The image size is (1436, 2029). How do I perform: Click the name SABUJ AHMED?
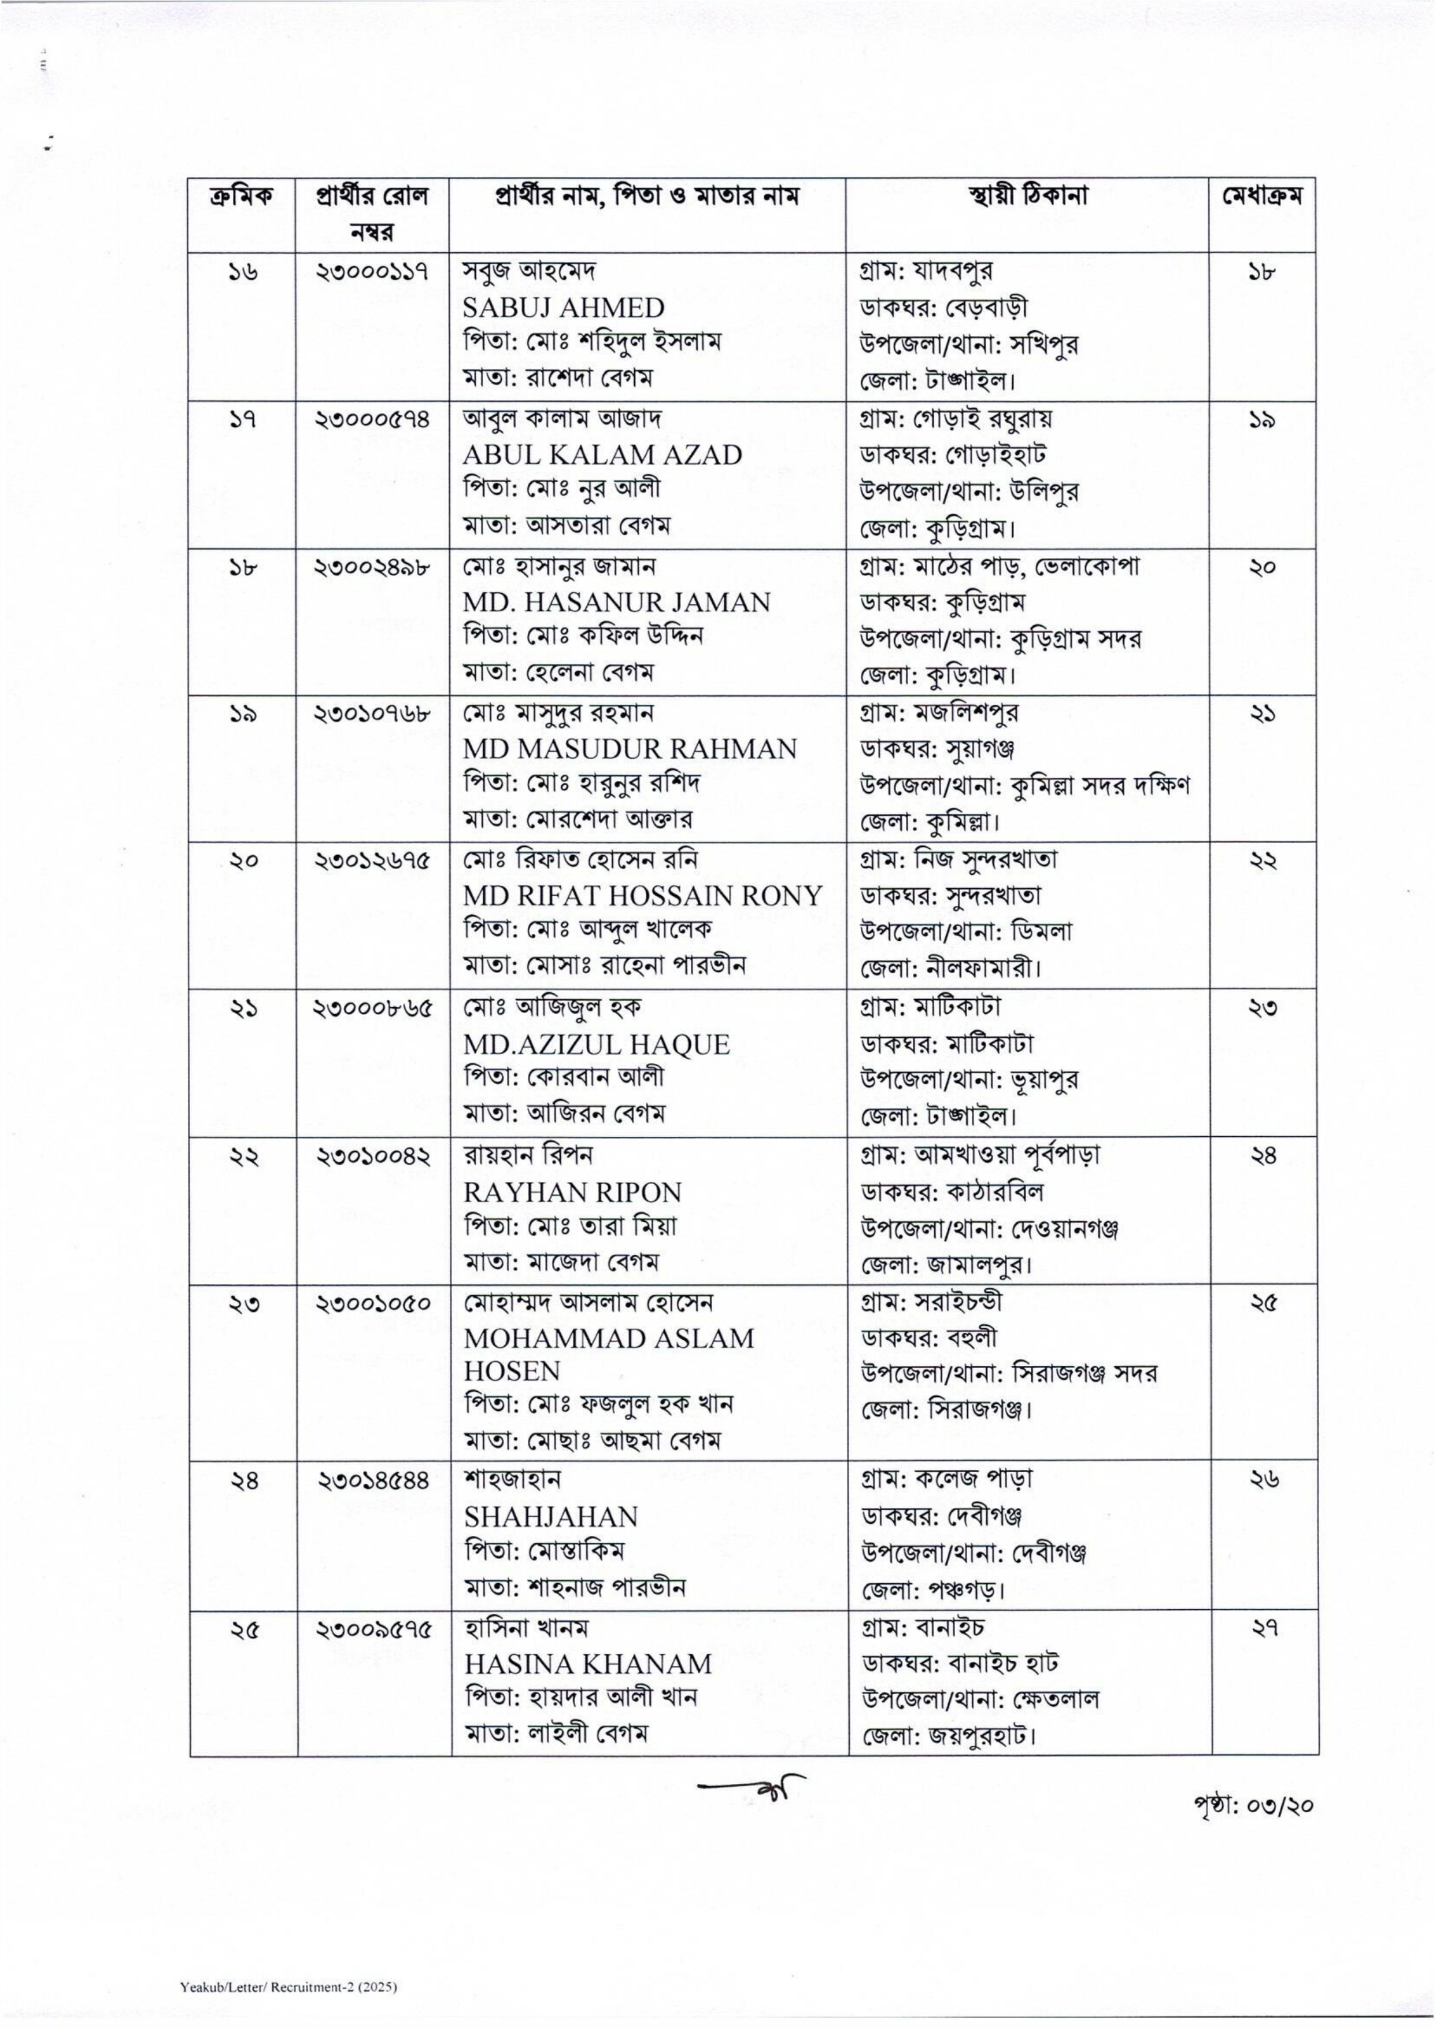[563, 308]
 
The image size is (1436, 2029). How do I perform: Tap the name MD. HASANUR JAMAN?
[616, 603]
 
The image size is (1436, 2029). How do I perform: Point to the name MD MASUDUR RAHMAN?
[630, 749]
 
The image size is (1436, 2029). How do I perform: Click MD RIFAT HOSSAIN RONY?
[643, 896]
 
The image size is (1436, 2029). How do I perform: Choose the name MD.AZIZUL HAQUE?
[596, 1045]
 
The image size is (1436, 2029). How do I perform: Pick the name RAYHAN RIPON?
[572, 1192]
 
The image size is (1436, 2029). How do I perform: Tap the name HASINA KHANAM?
[587, 1664]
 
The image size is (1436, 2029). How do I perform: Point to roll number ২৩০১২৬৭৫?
[372, 860]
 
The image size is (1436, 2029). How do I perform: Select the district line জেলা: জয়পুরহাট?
[949, 1735]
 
